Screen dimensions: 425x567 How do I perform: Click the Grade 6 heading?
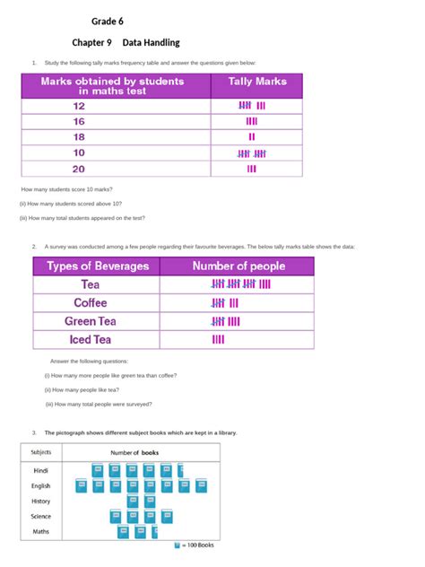pos(106,22)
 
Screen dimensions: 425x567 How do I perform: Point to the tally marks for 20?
pos(251,168)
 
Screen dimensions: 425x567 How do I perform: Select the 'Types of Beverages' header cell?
pos(96,266)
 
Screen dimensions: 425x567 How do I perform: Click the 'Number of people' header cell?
pos(239,266)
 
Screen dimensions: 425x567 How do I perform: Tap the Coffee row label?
pos(90,302)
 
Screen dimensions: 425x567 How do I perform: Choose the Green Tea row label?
pos(90,321)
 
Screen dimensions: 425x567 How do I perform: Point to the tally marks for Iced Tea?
pos(218,339)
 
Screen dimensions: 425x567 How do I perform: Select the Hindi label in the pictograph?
pos(41,470)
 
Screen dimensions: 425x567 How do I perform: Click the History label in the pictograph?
pos(41,501)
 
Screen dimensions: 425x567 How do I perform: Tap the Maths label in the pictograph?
pos(41,532)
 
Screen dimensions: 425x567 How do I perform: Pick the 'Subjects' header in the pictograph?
pos(40,452)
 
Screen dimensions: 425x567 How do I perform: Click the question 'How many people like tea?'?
pos(82,390)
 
